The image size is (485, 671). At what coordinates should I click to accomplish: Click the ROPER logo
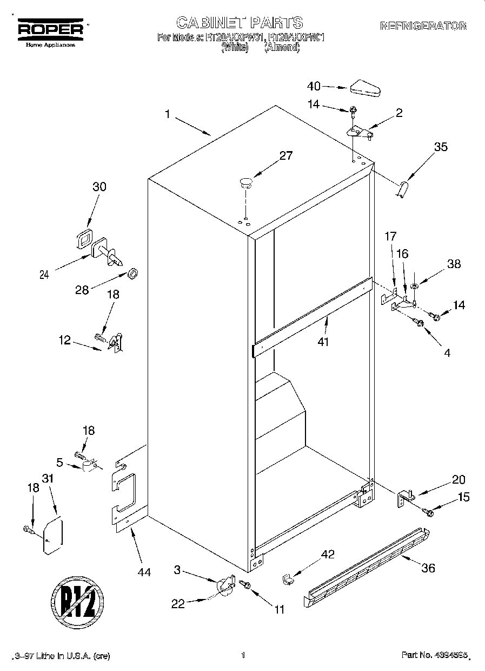[51, 29]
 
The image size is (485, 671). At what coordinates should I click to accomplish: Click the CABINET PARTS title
[240, 23]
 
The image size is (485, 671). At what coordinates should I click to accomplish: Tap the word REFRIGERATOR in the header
[423, 26]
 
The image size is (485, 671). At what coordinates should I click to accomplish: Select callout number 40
[314, 86]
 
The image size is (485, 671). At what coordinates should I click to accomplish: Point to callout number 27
[285, 156]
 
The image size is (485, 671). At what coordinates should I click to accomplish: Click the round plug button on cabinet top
[246, 182]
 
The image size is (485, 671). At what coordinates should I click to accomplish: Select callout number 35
[441, 146]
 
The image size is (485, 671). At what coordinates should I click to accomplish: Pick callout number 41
[323, 342]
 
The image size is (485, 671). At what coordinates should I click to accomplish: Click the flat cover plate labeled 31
[52, 536]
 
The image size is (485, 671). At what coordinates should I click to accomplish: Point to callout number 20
[459, 480]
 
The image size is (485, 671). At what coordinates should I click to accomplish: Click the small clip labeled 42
[287, 579]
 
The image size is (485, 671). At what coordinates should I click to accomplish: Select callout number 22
[178, 604]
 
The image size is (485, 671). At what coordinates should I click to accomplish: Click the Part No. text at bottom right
[433, 655]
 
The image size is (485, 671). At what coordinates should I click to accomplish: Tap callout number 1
[168, 114]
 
